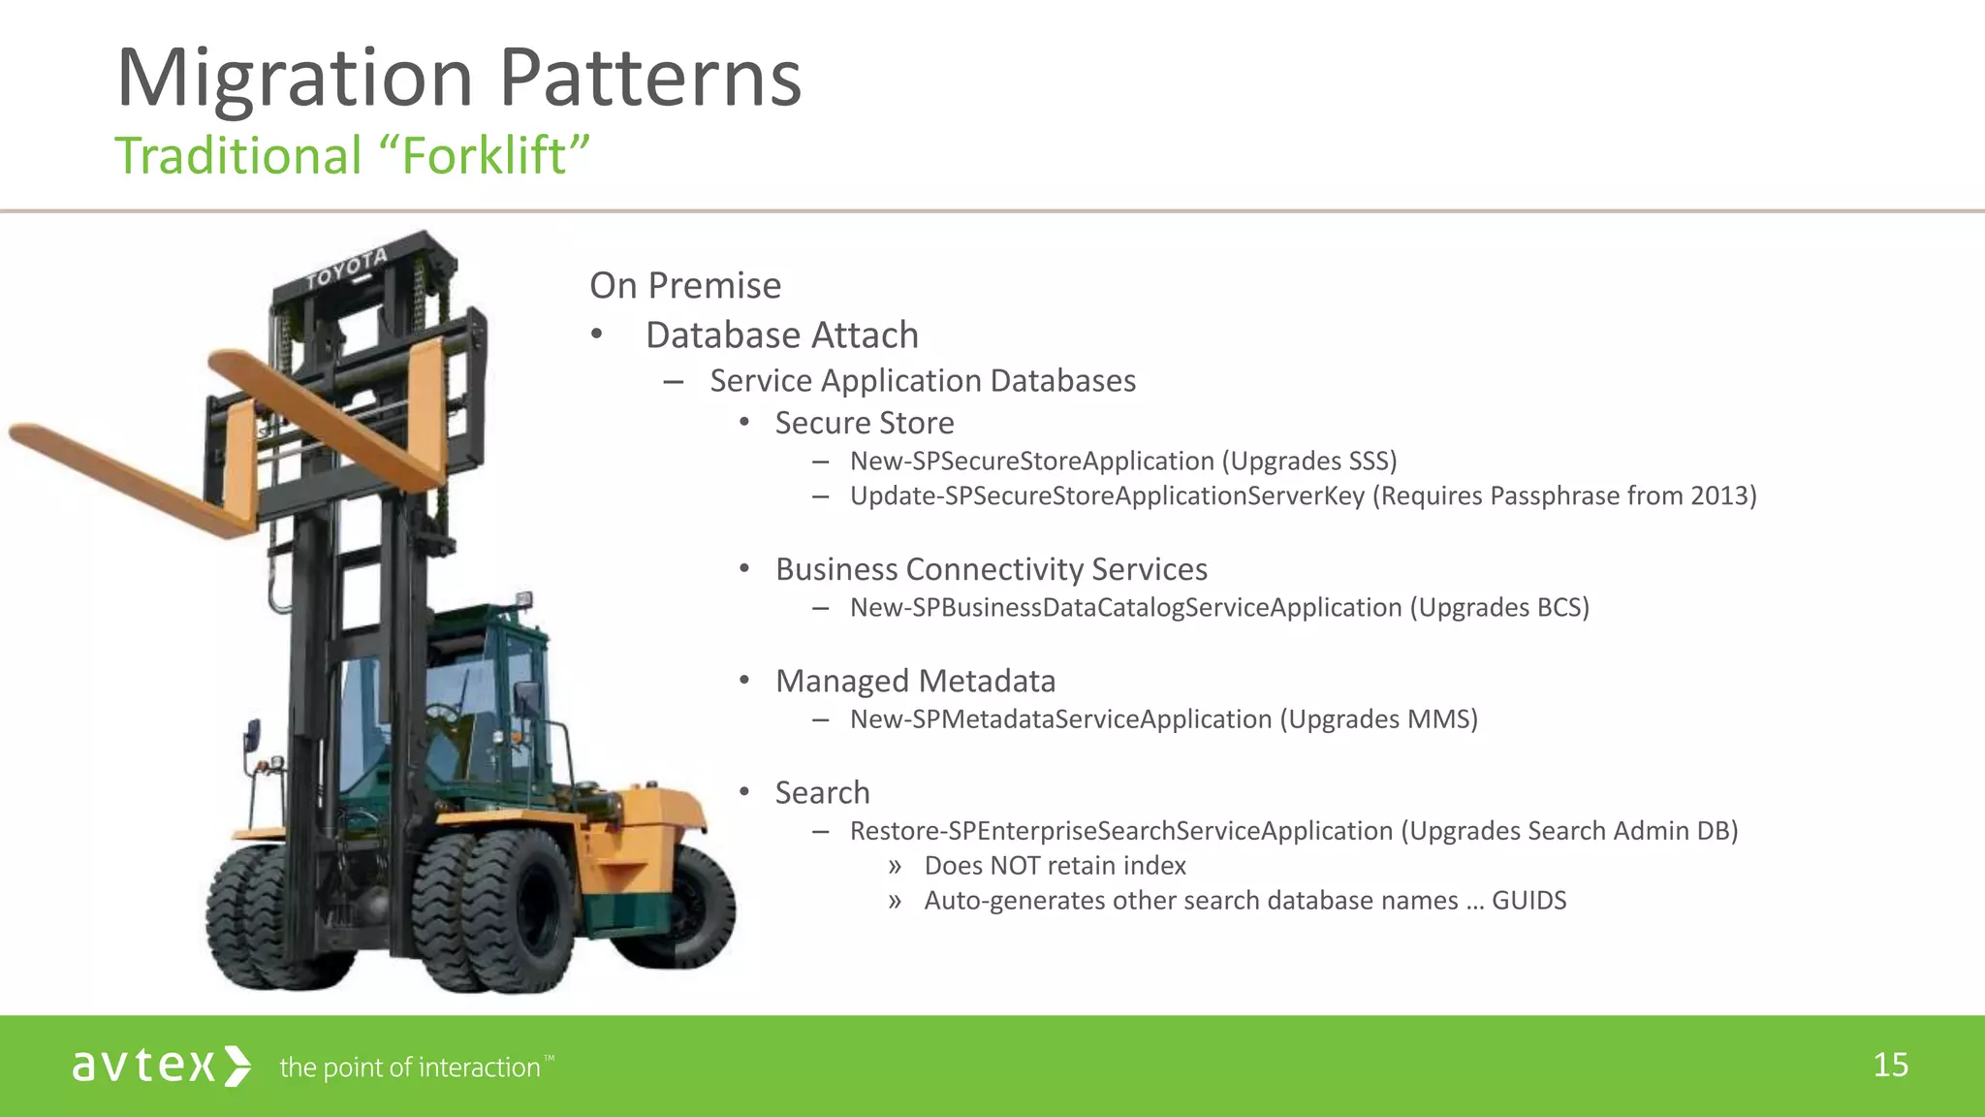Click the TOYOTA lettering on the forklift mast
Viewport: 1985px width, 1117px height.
pos(347,269)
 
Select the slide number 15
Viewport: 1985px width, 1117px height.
pos(1890,1065)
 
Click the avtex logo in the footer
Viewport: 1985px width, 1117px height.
pos(161,1066)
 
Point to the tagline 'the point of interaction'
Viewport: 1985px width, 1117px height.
pos(410,1068)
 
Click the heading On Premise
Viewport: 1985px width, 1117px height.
pos(684,285)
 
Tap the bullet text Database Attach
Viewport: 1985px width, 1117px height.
pos(781,335)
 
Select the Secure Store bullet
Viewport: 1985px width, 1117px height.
pos(864,423)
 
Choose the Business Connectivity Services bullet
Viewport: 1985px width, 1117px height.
pos(991,569)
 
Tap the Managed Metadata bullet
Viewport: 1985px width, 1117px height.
pos(915,681)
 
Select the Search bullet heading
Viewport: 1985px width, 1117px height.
pos(822,792)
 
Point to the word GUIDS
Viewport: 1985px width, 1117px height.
pos(1528,900)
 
